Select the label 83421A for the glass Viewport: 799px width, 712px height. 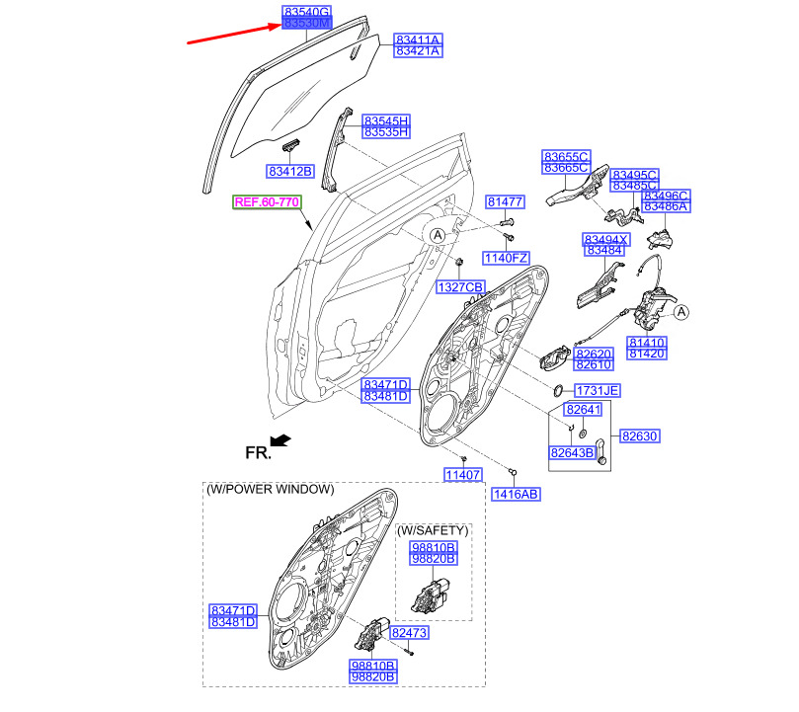pos(417,52)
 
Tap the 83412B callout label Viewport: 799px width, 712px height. pos(289,171)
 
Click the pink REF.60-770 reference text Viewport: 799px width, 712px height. pos(267,202)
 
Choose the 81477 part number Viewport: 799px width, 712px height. pos(505,201)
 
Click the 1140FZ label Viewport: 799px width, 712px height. pos(506,258)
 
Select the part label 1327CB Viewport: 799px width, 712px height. pos(461,286)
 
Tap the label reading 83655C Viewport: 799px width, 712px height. pos(566,156)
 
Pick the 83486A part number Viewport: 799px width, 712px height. pos(666,207)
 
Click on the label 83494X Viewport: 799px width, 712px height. pos(605,240)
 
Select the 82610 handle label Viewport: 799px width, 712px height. pos(595,365)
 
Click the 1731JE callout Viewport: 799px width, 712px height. pos(597,390)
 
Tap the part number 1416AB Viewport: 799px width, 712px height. pos(517,493)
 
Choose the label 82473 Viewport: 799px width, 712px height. pos(409,632)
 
